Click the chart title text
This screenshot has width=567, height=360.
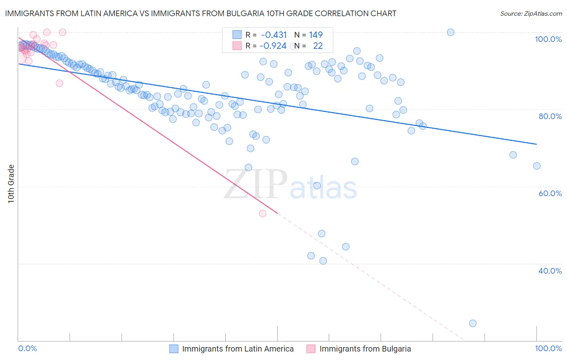coord(200,13)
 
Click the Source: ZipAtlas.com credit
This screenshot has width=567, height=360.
coord(531,13)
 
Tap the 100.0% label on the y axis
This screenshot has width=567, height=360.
coord(548,39)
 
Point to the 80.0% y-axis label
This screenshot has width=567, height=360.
coord(550,116)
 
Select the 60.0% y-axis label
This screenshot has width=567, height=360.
coord(550,193)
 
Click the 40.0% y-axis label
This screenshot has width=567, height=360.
coord(550,271)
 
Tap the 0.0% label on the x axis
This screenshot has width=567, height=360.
coord(28,348)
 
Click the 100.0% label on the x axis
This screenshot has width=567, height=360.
coord(548,348)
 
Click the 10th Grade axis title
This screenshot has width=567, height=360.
coord(11,184)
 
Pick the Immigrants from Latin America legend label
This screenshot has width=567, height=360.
coord(238,349)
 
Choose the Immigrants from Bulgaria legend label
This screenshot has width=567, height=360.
coord(365,349)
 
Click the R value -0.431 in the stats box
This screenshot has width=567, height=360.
coord(274,35)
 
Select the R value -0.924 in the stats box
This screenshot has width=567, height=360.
coord(273,46)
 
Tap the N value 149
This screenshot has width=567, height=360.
coord(316,35)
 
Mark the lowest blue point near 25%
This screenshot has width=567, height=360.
coord(473,323)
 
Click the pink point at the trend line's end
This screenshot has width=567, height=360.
coord(263,213)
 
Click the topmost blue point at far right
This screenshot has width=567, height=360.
coord(450,32)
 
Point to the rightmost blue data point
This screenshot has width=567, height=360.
coord(536,166)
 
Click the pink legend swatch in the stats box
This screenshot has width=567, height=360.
coord(237,46)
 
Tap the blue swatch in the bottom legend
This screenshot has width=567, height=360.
coord(173,349)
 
